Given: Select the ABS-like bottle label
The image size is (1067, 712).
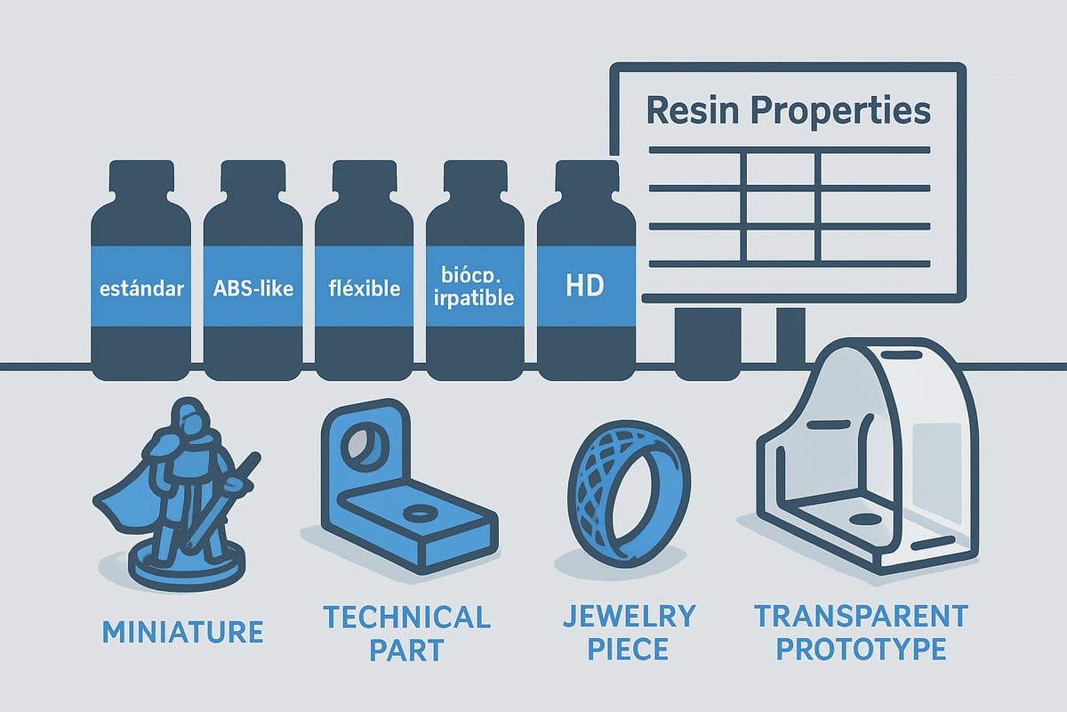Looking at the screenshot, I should click(x=253, y=287).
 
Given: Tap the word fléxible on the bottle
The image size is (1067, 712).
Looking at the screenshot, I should click(x=364, y=287).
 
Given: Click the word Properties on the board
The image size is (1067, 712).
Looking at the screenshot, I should click(x=845, y=113).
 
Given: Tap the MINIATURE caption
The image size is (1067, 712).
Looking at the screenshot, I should click(x=182, y=632).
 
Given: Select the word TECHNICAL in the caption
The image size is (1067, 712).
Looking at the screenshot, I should click(x=405, y=616).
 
